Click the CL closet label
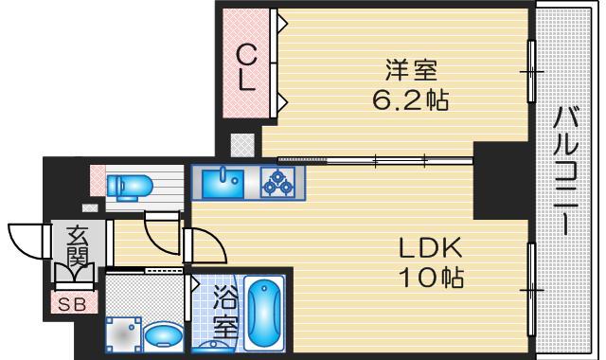(x=246, y=66)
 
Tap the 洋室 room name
(x=410, y=69)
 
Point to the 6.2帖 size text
(x=410, y=98)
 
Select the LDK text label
(x=428, y=249)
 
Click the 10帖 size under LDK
(x=428, y=279)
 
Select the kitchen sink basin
(x=223, y=180)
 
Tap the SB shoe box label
(x=71, y=304)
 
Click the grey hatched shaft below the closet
(x=242, y=144)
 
